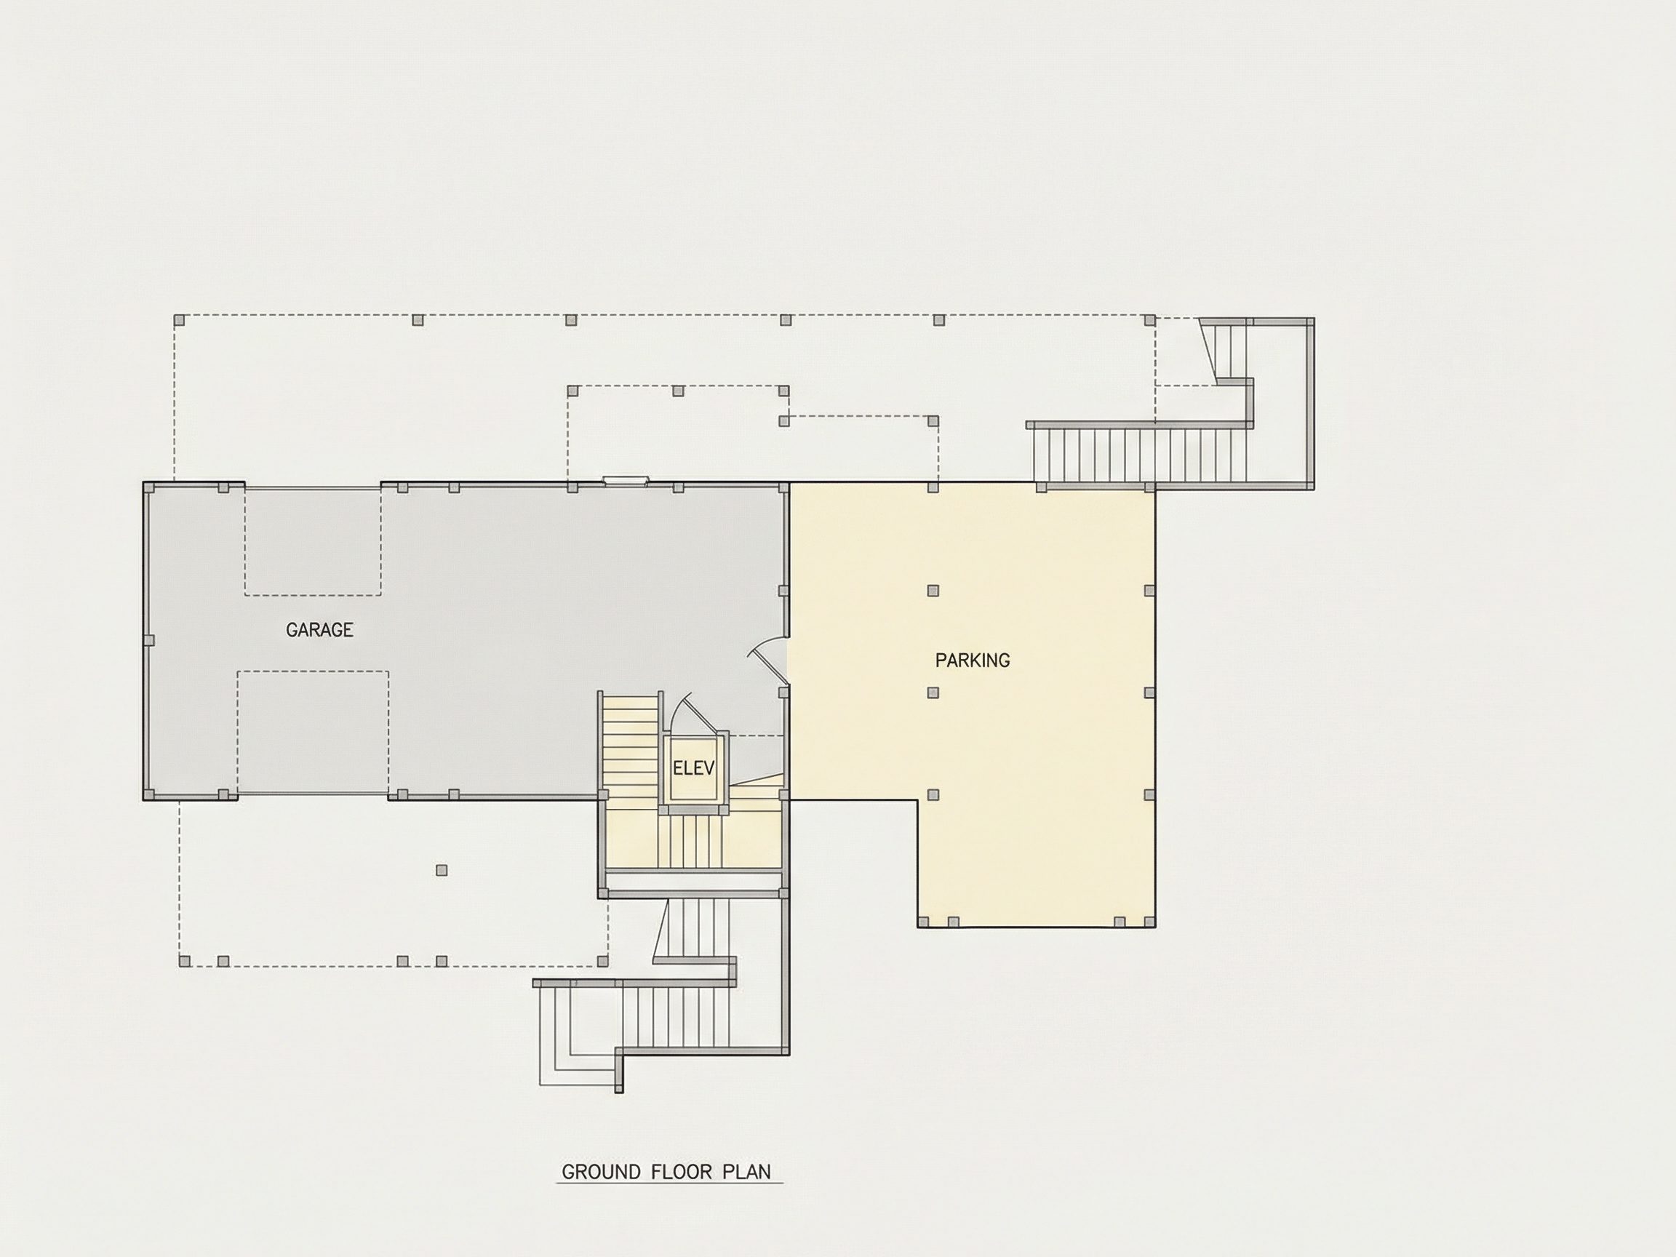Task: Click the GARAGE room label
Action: pyautogui.click(x=319, y=630)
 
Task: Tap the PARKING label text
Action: pyautogui.click(x=972, y=661)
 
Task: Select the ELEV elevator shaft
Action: pyautogui.click(x=693, y=768)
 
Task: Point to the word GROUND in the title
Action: pyautogui.click(x=601, y=1172)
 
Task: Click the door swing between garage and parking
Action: pyautogui.click(x=767, y=657)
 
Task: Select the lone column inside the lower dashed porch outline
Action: pyautogui.click(x=442, y=871)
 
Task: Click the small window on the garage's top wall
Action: pyautogui.click(x=626, y=479)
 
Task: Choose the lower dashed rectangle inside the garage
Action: pyautogui.click(x=313, y=733)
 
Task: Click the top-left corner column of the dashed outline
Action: pyautogui.click(x=180, y=321)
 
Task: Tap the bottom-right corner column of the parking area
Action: pyautogui.click(x=1150, y=922)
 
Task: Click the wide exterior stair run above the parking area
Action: pyautogui.click(x=1141, y=455)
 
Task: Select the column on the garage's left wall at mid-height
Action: pyautogui.click(x=149, y=640)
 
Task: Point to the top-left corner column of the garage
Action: pyautogui.click(x=149, y=488)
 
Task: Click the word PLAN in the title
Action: pyautogui.click(x=746, y=1172)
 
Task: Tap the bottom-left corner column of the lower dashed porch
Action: pyautogui.click(x=184, y=962)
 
